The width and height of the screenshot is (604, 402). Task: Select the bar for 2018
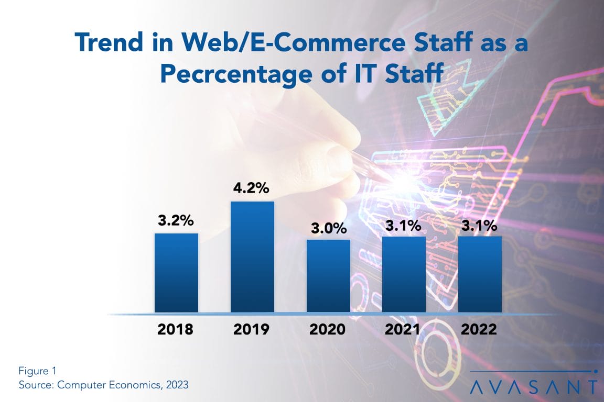click(176, 273)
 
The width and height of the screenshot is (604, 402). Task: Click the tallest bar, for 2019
click(252, 257)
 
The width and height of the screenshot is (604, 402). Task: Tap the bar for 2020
click(328, 276)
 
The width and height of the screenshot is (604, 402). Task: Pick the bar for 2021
click(404, 274)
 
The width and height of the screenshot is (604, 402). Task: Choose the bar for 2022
click(480, 274)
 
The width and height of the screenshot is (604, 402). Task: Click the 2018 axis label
click(176, 330)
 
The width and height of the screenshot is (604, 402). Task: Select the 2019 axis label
click(252, 330)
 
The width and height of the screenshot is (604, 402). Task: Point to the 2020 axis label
click(328, 330)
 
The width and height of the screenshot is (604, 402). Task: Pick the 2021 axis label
click(404, 330)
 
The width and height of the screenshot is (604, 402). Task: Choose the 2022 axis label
click(480, 330)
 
